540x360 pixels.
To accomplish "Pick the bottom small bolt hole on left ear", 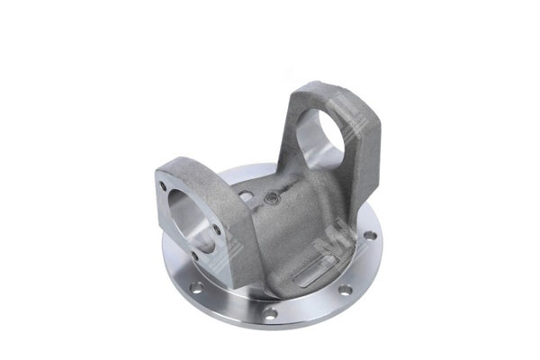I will click(195, 256).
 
